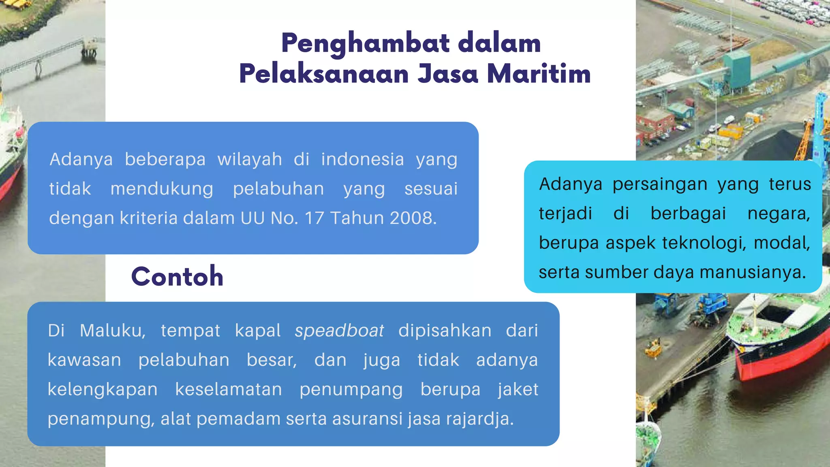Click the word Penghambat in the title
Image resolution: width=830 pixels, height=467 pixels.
(365, 43)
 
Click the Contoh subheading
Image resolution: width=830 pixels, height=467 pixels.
(177, 276)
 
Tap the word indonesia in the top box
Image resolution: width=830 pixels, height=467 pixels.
(362, 159)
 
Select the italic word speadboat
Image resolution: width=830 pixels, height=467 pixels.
(339, 331)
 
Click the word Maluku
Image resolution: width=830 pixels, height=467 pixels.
(112, 331)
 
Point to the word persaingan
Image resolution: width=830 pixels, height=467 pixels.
(660, 184)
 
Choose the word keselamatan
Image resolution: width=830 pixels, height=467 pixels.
(229, 390)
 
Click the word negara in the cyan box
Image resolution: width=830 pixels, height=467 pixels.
(778, 214)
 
